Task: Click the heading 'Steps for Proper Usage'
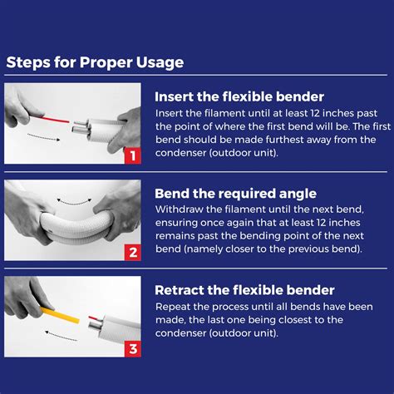(95, 62)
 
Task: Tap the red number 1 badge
(131, 155)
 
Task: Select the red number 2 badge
(131, 252)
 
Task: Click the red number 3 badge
(131, 348)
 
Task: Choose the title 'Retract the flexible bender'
(244, 289)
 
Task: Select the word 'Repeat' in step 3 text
(175, 306)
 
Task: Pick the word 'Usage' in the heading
(160, 62)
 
